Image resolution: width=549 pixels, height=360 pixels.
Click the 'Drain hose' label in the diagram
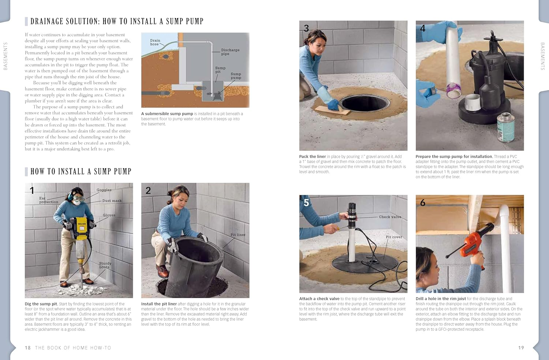coord(155,42)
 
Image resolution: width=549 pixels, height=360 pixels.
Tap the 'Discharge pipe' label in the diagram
coord(230,52)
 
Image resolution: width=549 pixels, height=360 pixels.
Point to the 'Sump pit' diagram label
coord(220,70)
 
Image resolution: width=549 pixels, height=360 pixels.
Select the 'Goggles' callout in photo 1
coord(104,190)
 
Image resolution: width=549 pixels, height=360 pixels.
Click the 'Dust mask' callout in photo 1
coord(112,201)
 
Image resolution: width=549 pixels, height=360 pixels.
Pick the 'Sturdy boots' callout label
coord(105,265)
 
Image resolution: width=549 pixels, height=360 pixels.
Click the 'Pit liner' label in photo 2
coord(238,235)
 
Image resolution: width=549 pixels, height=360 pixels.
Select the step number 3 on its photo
coord(306,28)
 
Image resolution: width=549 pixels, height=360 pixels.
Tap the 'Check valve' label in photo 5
coord(390,217)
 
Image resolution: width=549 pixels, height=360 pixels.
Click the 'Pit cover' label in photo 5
coord(394,237)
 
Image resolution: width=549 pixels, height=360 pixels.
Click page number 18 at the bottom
coord(28,348)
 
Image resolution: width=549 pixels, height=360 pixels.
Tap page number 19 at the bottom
coord(521,348)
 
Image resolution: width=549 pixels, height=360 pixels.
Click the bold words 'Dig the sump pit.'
coord(41,304)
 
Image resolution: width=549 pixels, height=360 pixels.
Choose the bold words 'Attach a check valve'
coord(319,299)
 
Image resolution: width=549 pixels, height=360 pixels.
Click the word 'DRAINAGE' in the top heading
coord(46,22)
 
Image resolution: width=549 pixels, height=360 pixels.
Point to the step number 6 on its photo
coord(423,203)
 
